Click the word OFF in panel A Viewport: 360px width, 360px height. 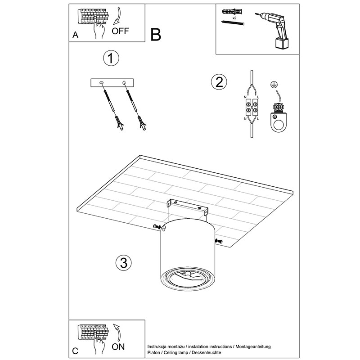[120, 31]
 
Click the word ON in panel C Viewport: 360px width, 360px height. [118, 346]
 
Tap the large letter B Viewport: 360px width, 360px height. [156, 35]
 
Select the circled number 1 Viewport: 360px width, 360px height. [111, 58]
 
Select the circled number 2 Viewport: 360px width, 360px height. [219, 82]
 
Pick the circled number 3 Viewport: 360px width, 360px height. [123, 263]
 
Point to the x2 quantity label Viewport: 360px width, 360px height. [234, 18]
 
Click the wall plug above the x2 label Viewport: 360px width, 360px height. [231, 11]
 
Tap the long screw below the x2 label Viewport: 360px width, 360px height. [233, 23]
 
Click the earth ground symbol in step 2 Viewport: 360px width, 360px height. [273, 85]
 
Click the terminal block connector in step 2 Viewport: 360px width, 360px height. [252, 108]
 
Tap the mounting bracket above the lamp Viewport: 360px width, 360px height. [188, 207]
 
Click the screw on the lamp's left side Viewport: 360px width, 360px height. [157, 227]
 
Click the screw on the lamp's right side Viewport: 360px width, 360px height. [219, 241]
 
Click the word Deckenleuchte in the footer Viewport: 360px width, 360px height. [206, 352]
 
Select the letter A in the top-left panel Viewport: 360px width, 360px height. [75, 35]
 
